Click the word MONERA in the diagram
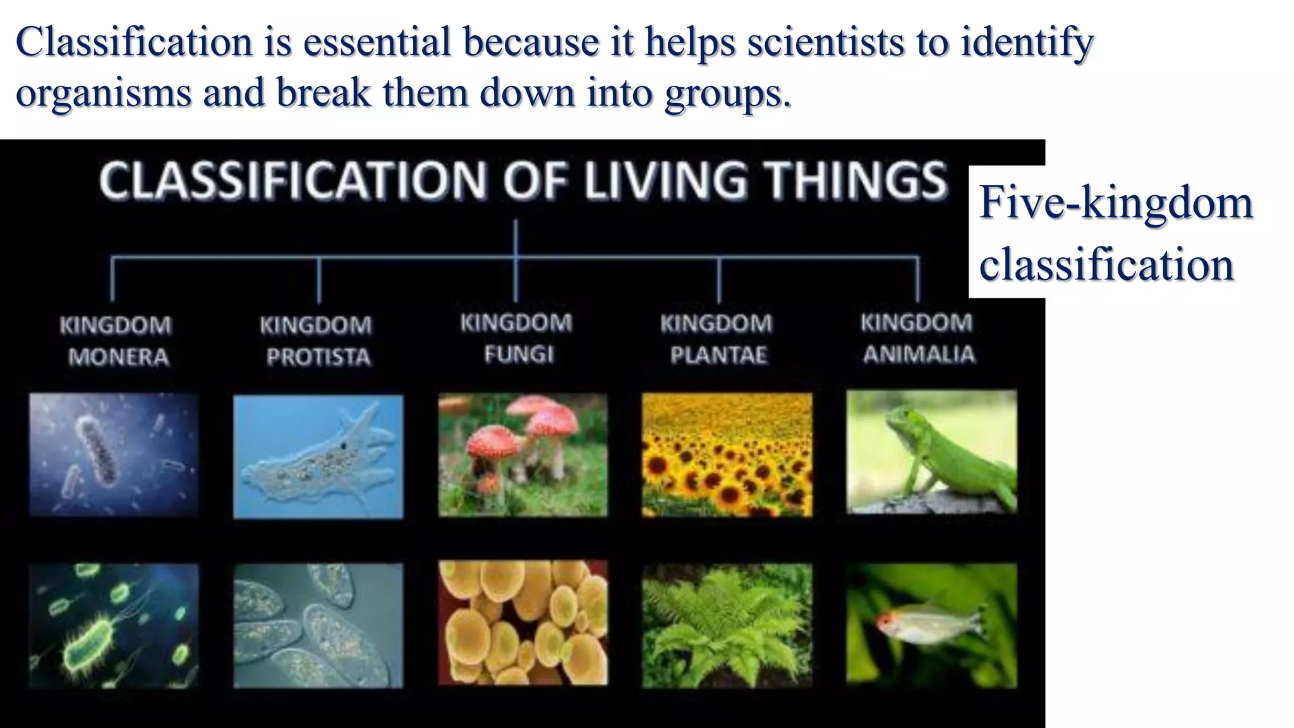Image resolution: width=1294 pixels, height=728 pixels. (118, 357)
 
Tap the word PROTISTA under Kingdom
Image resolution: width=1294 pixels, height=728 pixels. (318, 357)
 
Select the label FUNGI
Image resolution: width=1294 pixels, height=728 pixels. (519, 354)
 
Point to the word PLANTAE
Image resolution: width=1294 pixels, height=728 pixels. (718, 355)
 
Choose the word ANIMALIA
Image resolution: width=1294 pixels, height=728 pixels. (919, 354)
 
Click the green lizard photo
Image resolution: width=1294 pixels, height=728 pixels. (931, 452)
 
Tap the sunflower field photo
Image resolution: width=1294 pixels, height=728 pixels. (727, 454)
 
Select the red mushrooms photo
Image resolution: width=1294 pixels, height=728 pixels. (523, 454)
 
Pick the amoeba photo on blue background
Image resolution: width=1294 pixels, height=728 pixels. (318, 456)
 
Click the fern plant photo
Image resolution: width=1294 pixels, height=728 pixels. (727, 625)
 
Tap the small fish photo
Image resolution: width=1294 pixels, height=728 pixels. (931, 625)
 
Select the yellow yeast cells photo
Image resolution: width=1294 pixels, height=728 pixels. (523, 622)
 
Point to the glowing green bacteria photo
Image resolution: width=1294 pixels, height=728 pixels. (114, 625)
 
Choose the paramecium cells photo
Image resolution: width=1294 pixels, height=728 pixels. (318, 625)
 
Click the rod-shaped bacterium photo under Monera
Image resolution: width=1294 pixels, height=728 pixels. (114, 454)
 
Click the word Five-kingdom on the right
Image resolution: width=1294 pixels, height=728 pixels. (1115, 203)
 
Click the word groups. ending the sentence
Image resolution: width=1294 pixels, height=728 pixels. (727, 94)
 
